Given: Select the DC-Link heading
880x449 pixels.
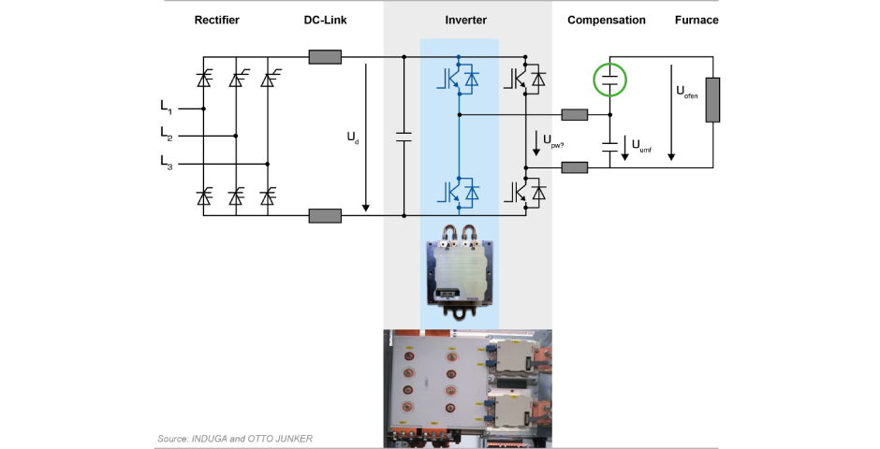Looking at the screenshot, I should (326, 20).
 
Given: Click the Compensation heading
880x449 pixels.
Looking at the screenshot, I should (607, 20).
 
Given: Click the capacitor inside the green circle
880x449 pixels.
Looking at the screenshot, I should (610, 80).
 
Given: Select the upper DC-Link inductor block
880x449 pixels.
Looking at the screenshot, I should (325, 57).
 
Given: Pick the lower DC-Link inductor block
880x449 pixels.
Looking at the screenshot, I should (325, 216).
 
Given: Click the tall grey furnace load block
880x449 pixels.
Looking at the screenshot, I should (713, 100).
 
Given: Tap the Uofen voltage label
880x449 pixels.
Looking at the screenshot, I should (686, 94).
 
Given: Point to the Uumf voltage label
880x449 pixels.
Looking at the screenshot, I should (641, 146).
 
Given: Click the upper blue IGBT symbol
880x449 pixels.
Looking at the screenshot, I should (458, 80).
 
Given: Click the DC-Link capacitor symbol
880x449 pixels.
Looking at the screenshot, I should (403, 137).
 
